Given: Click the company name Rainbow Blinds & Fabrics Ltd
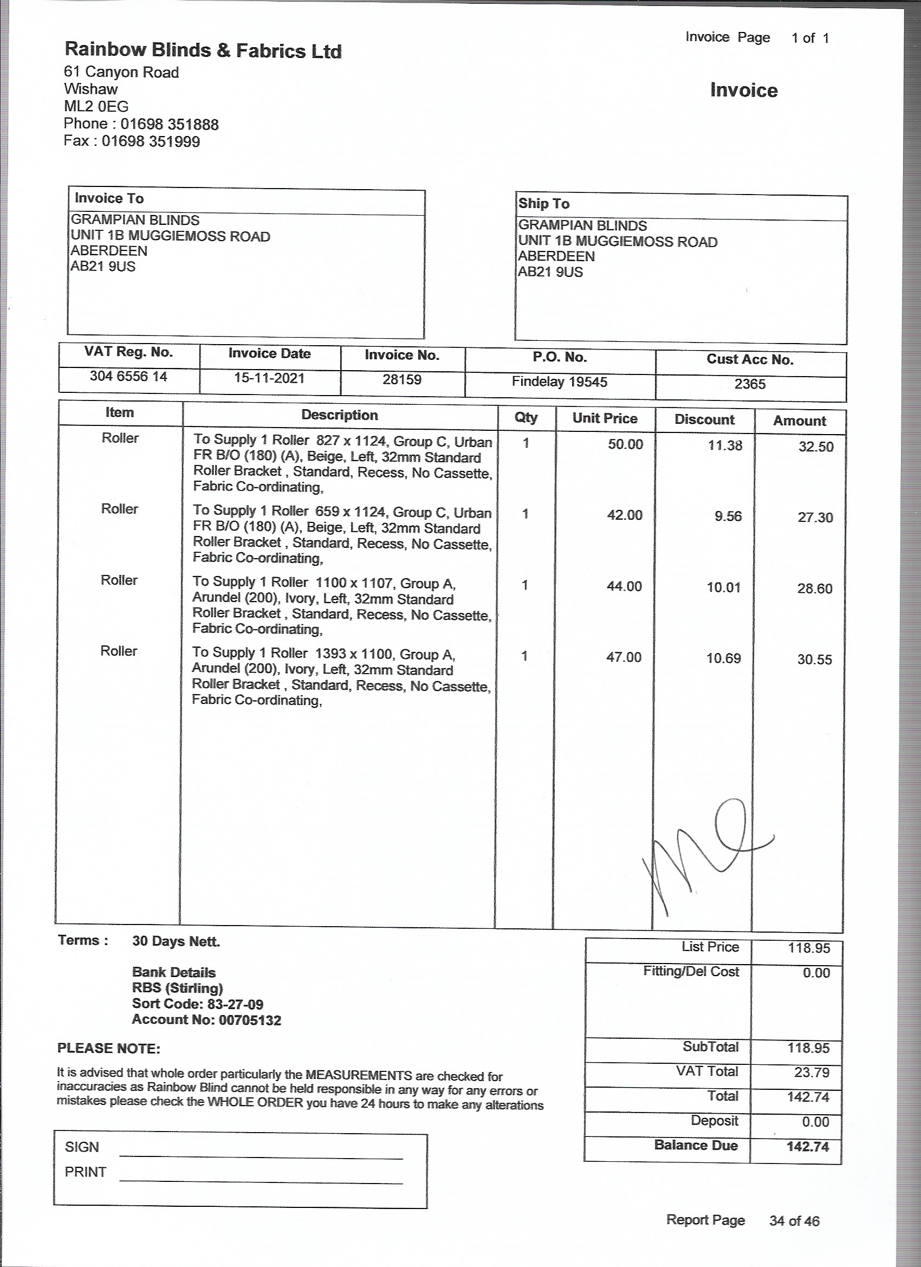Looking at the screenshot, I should click(x=203, y=50).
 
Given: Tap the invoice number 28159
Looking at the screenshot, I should click(x=401, y=380).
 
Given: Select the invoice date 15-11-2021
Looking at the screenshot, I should click(x=269, y=378).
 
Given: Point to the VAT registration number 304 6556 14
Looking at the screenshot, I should click(x=128, y=377).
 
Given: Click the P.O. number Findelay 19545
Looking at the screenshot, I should click(x=559, y=382).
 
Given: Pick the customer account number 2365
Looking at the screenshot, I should click(x=750, y=384).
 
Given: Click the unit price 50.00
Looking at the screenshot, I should click(x=625, y=445).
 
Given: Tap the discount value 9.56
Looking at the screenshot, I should click(x=728, y=516).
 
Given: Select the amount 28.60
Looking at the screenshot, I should click(x=814, y=589).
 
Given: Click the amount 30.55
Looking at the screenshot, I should click(x=814, y=659).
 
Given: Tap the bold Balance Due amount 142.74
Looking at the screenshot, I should click(x=808, y=1146).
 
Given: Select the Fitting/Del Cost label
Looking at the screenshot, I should click(x=690, y=972).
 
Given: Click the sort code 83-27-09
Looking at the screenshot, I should click(x=235, y=1004).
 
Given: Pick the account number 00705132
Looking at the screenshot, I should click(x=250, y=1020).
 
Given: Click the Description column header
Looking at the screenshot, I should click(x=340, y=415).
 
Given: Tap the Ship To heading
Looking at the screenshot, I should click(x=543, y=203).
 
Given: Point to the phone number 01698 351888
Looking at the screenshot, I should click(x=169, y=124).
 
